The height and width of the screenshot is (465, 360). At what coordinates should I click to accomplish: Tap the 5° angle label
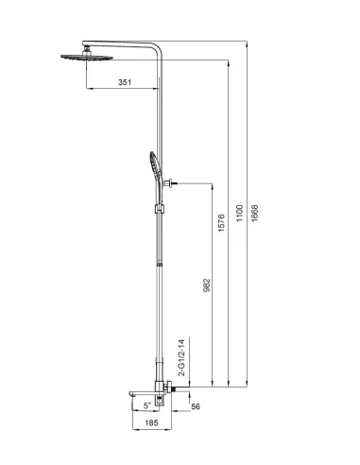(146, 405)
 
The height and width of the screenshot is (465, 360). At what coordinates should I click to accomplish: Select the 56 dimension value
(195, 407)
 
